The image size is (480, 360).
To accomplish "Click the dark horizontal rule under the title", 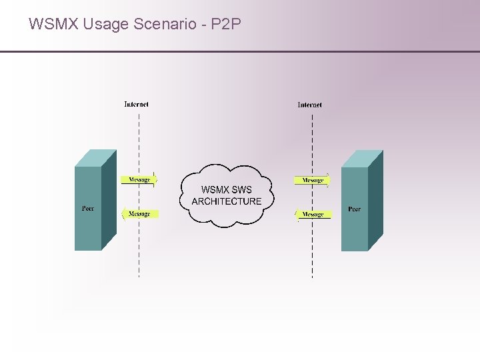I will tap(240, 51).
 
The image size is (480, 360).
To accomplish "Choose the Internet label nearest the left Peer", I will tap(136, 104).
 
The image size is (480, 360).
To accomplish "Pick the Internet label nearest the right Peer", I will tap(309, 105).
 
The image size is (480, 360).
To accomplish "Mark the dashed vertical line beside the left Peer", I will tap(139, 253).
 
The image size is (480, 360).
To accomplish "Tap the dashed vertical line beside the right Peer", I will tap(312, 253).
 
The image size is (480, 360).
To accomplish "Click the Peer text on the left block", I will tap(88, 209).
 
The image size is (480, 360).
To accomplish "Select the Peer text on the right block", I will tap(355, 209).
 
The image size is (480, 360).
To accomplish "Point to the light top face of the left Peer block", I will tap(95, 158).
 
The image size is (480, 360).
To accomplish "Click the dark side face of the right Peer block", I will tap(375, 200).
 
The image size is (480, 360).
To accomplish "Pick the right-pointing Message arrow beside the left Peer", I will tap(139, 179).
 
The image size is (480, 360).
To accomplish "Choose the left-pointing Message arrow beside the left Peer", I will tap(139, 214).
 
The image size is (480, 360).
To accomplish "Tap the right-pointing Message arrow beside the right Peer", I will tap(312, 180).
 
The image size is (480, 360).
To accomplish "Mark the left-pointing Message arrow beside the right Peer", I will tap(312, 214).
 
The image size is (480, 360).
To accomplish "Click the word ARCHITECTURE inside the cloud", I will tap(227, 201).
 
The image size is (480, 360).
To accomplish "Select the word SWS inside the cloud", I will tap(241, 190).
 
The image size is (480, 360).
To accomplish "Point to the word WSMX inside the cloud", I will tap(215, 190).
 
